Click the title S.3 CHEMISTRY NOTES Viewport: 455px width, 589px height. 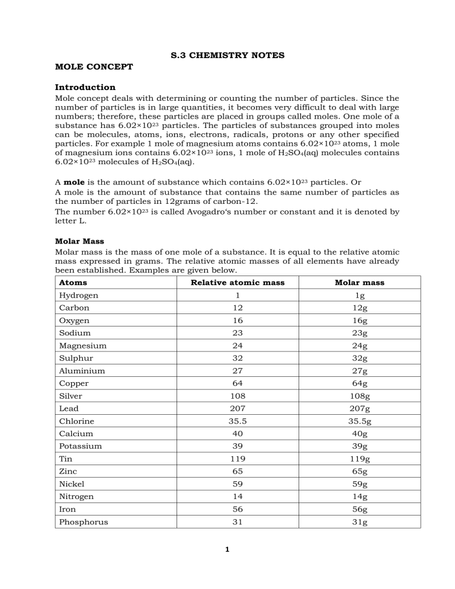click(227, 55)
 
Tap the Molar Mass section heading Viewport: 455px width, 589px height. click(79, 241)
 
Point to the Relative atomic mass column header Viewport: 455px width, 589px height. click(237, 283)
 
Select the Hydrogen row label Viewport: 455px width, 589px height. click(79, 295)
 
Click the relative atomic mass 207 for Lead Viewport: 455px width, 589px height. click(237, 408)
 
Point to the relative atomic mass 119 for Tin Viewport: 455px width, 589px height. click(237, 459)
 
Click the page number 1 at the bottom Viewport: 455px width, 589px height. click(227, 548)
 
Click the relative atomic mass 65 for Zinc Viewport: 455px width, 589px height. click(237, 471)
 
